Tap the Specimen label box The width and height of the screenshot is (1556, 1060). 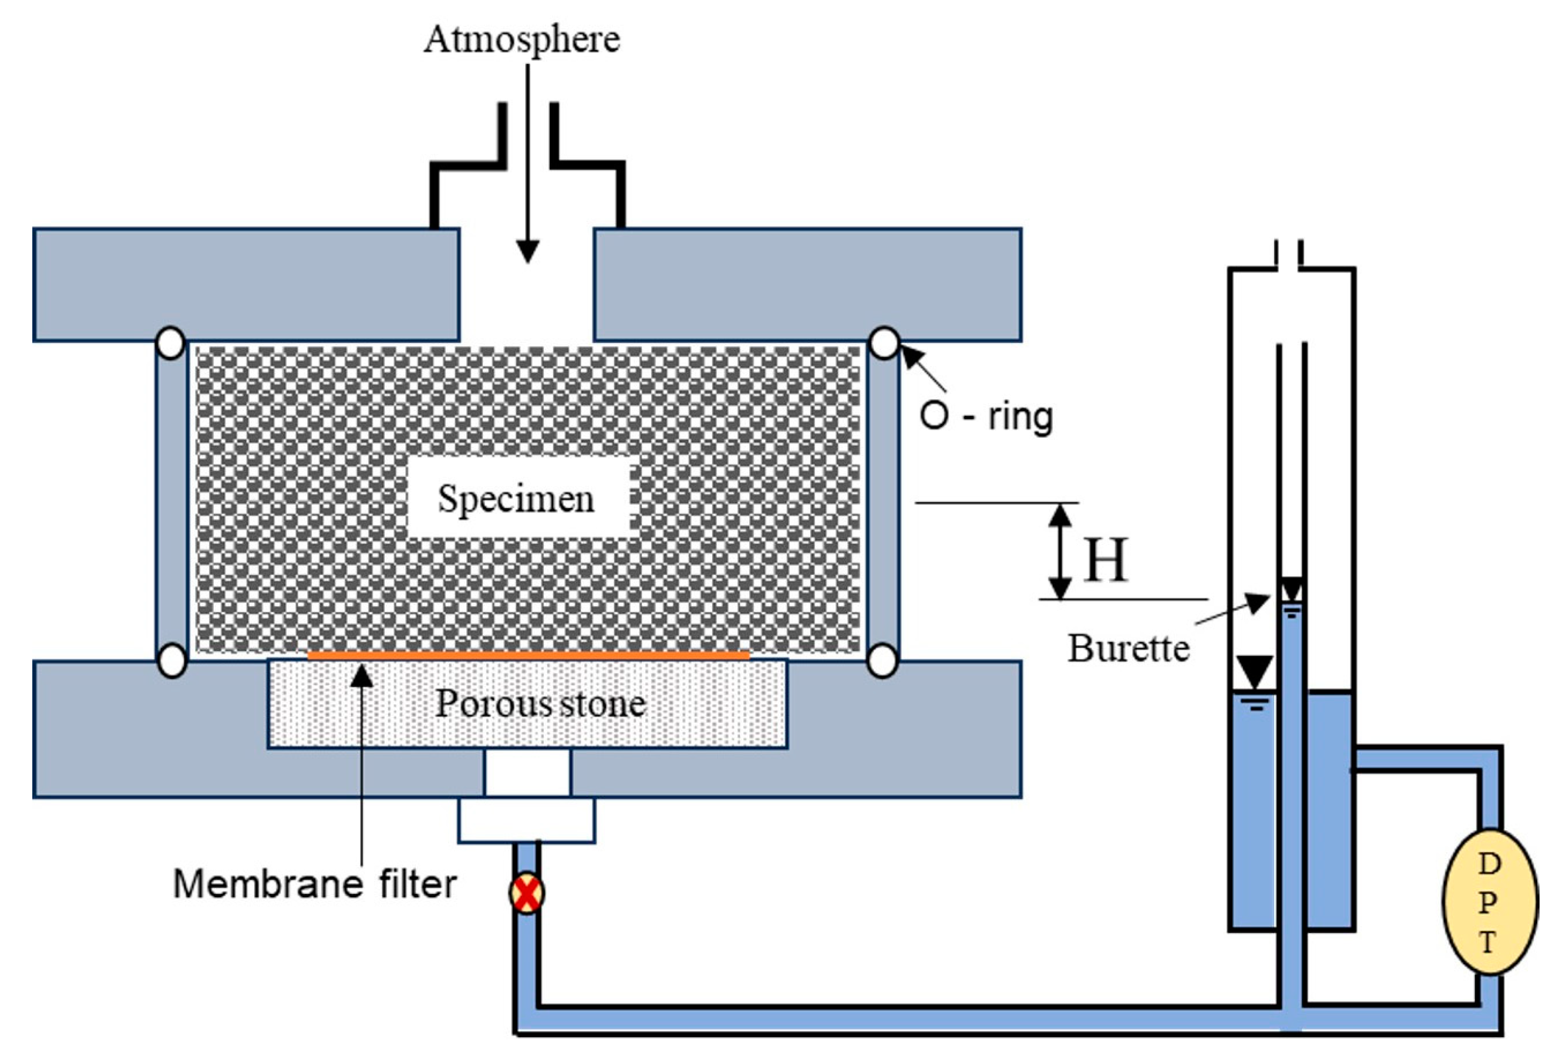click(518, 498)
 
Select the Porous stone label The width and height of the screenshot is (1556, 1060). click(540, 704)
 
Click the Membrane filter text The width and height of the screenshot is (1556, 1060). click(315, 884)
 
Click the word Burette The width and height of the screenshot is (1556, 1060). click(1129, 648)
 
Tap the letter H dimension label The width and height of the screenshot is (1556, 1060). click(1106, 560)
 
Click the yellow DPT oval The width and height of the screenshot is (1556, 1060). click(1489, 903)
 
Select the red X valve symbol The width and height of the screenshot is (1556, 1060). click(527, 893)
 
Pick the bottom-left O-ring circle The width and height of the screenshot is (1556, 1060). click(171, 661)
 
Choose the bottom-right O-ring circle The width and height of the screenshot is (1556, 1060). click(883, 661)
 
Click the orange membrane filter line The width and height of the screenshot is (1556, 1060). click(529, 655)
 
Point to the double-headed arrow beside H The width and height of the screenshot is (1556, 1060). click(1059, 551)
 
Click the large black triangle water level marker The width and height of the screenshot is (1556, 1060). click(1254, 672)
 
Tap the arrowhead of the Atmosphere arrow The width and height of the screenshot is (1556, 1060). click(528, 251)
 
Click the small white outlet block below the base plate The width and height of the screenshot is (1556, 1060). click(527, 820)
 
